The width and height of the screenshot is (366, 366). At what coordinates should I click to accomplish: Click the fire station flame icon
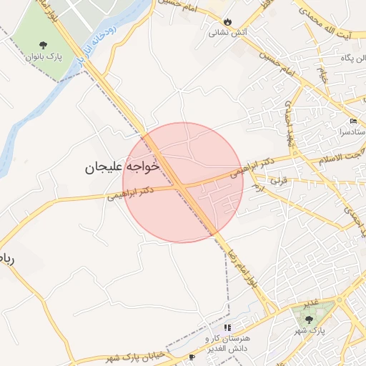coord(227,21)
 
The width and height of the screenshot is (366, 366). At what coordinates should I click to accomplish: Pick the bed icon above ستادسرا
coord(354,121)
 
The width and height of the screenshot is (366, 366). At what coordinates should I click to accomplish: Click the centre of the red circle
coord(183,182)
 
